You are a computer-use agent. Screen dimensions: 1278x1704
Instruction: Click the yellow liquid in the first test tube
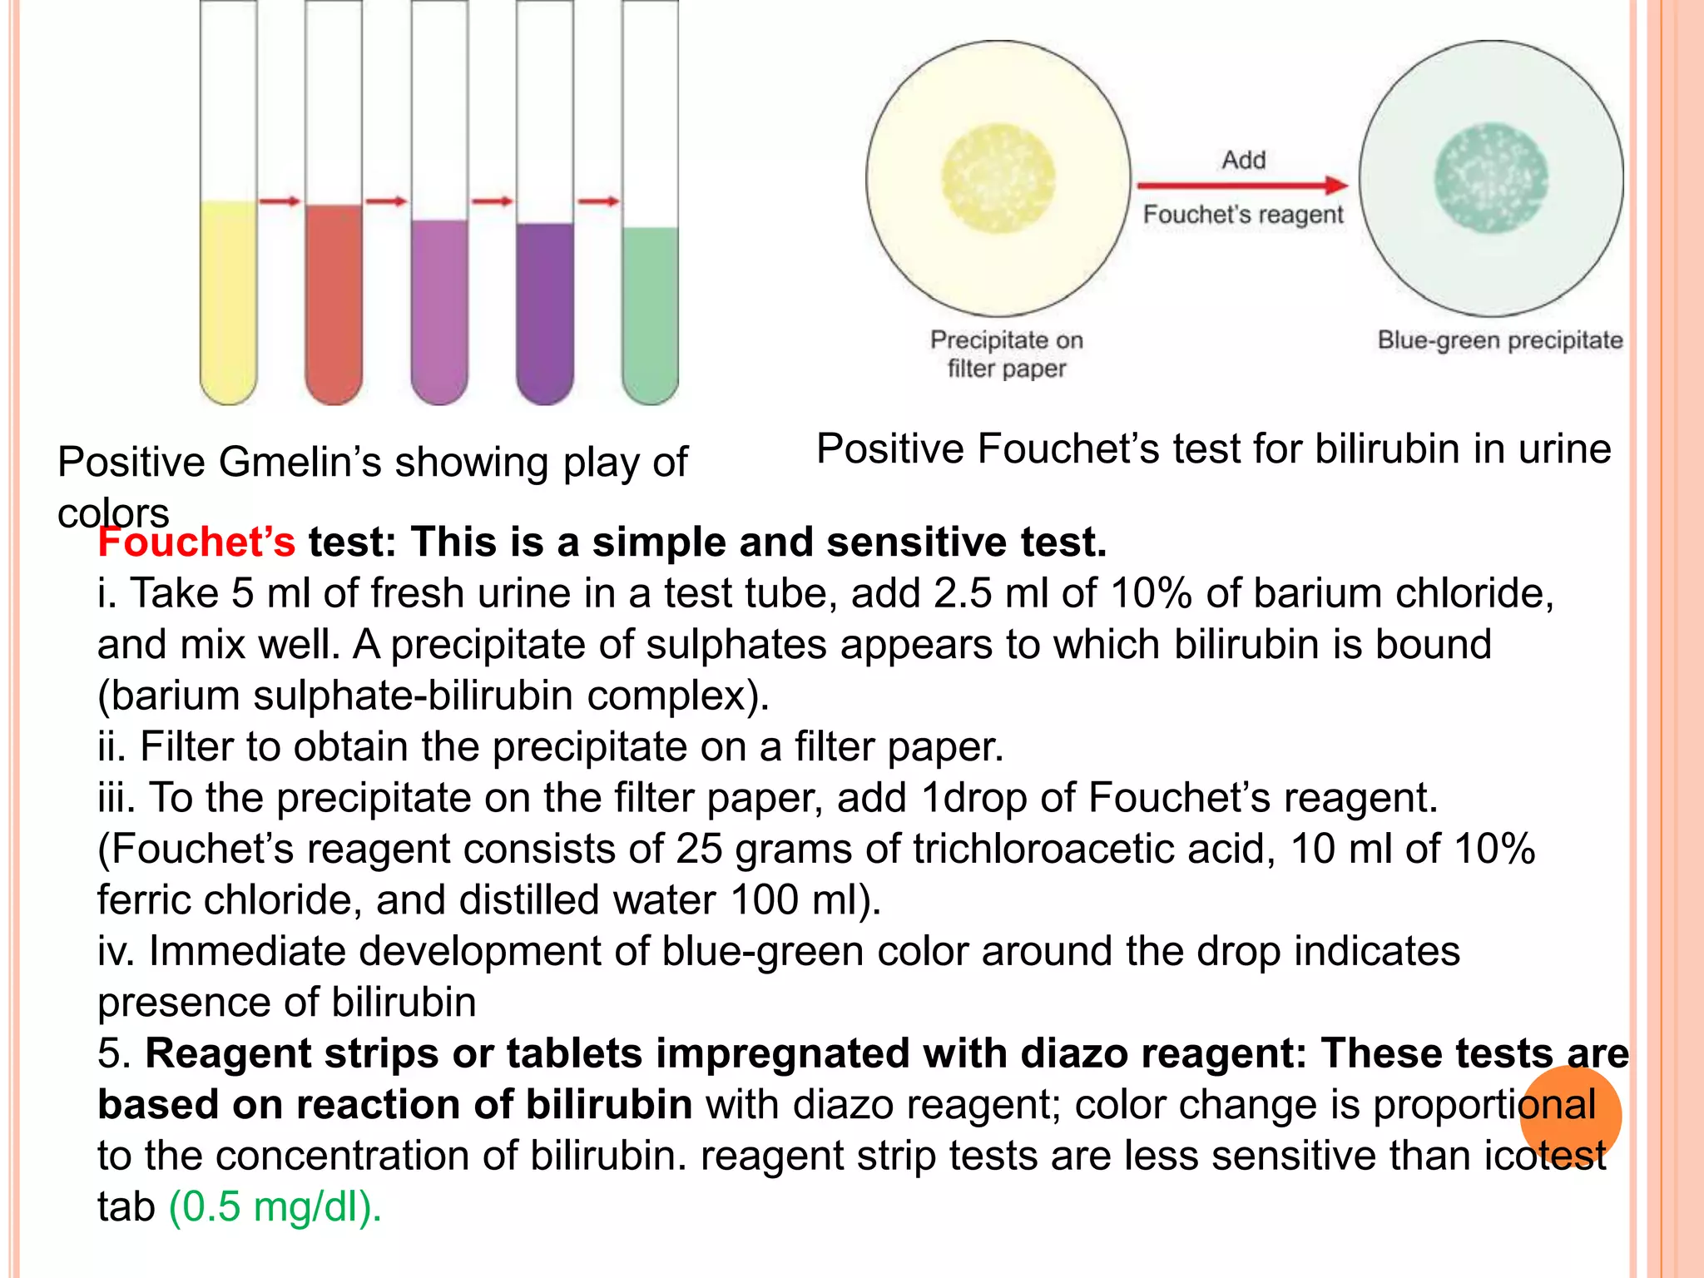(x=229, y=300)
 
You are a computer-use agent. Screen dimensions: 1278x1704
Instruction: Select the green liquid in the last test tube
(x=650, y=312)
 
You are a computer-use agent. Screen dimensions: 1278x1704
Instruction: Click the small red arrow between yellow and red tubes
(x=280, y=201)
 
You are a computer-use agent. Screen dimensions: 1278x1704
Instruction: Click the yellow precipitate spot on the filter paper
(x=998, y=178)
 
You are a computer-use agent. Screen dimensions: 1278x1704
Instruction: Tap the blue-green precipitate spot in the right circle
(x=1491, y=178)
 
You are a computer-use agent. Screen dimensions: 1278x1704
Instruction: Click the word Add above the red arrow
(x=1244, y=159)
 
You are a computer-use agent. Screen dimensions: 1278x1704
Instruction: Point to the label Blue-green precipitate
(x=1499, y=339)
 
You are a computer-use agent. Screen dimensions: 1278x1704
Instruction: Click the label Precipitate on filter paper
(x=1007, y=354)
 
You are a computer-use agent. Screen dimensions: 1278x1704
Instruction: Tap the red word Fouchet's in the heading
(x=196, y=542)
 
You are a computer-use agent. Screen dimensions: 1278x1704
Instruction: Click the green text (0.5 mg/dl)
(x=275, y=1206)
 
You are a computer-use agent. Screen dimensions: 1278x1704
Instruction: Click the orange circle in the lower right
(x=1570, y=1115)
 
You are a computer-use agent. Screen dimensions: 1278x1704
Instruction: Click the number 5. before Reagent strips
(x=115, y=1053)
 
